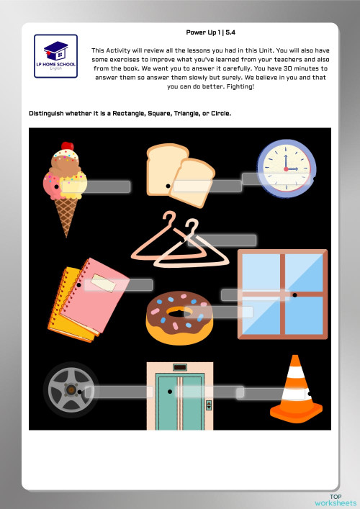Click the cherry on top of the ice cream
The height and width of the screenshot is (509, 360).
67,146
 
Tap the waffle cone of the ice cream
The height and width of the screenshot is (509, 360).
67,215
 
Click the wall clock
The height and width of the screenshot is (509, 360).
285,166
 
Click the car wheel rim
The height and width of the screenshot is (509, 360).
71,389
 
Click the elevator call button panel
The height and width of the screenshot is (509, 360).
209,405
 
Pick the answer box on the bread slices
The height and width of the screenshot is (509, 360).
207,186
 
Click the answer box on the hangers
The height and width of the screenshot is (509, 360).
212,240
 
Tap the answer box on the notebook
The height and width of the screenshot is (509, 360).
119,285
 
